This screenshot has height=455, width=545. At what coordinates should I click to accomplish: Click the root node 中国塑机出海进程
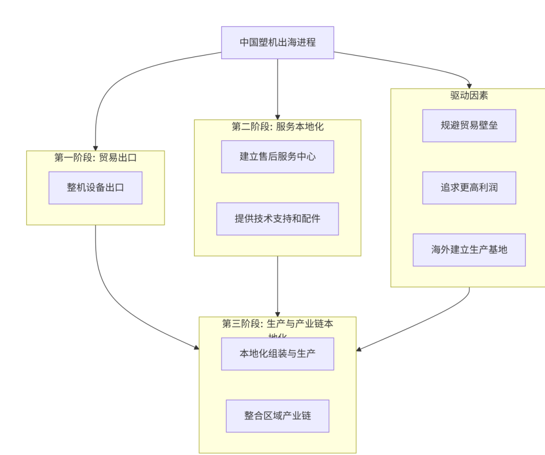(278, 42)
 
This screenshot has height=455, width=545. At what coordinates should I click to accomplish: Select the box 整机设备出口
(95, 188)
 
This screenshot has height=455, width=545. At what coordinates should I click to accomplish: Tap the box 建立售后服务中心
(278, 157)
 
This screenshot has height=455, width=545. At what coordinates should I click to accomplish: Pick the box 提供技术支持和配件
(278, 219)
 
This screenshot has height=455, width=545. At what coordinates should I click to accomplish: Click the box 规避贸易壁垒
(469, 126)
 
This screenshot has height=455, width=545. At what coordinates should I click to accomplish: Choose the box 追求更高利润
(469, 188)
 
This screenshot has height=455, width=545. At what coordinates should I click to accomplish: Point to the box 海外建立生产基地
(469, 249)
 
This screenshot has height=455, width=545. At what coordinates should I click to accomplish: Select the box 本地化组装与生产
(278, 353)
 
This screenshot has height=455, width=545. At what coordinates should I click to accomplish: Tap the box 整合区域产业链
(278, 416)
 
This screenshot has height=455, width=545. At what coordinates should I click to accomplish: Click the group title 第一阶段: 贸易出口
(95, 158)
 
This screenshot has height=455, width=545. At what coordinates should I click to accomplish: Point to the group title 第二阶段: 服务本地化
(278, 127)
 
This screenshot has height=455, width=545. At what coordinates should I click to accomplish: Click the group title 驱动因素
(469, 95)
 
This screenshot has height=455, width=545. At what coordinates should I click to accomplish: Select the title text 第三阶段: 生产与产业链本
(278, 324)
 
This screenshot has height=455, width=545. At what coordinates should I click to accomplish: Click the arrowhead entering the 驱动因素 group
(469, 86)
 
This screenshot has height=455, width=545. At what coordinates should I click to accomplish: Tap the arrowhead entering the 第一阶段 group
(95, 148)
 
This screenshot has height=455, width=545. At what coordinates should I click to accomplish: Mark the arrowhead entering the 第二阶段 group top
(278, 117)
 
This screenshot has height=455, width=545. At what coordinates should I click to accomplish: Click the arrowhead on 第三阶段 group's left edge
(196, 347)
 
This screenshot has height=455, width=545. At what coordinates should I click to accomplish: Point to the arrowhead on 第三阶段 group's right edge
(359, 348)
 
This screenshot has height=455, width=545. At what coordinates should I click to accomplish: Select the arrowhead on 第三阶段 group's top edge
(278, 314)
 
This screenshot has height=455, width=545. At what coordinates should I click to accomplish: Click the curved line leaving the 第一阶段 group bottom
(103, 283)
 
